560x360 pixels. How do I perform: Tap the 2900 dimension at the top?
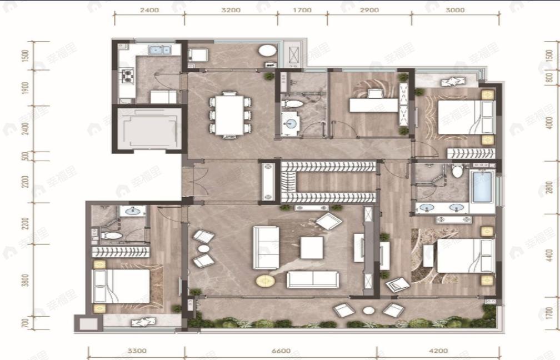click(369, 10)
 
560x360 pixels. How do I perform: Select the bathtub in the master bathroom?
click(482, 187)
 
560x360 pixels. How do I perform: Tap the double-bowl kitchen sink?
click(161, 51)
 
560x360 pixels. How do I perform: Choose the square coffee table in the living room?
click(312, 247)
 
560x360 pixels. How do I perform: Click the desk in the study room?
click(373, 104)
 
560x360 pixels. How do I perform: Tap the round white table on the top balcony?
click(267, 51)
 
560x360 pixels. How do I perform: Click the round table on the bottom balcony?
click(368, 311)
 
